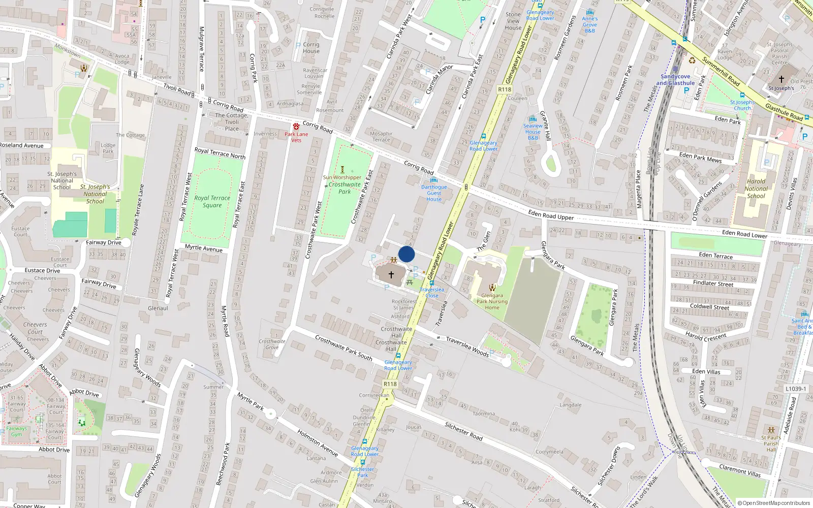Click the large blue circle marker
tap(407, 254)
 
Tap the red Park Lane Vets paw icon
tap(296, 126)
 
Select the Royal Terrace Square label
tap(212, 202)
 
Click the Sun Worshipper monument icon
tap(342, 170)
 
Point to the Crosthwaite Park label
tap(345, 188)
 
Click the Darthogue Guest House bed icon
tap(433, 180)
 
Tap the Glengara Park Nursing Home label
tap(492, 301)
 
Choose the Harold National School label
tap(756, 188)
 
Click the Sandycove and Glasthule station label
tap(675, 80)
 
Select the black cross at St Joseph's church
tap(781, 79)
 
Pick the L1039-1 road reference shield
tap(796, 389)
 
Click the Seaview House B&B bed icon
tap(533, 119)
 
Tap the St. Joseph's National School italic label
tap(95, 194)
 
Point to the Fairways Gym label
tap(17, 431)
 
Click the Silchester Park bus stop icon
tap(362, 463)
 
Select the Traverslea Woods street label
tap(467, 346)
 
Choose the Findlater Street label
tap(713, 283)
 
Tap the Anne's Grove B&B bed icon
tap(590, 12)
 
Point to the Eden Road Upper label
tap(551, 215)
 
